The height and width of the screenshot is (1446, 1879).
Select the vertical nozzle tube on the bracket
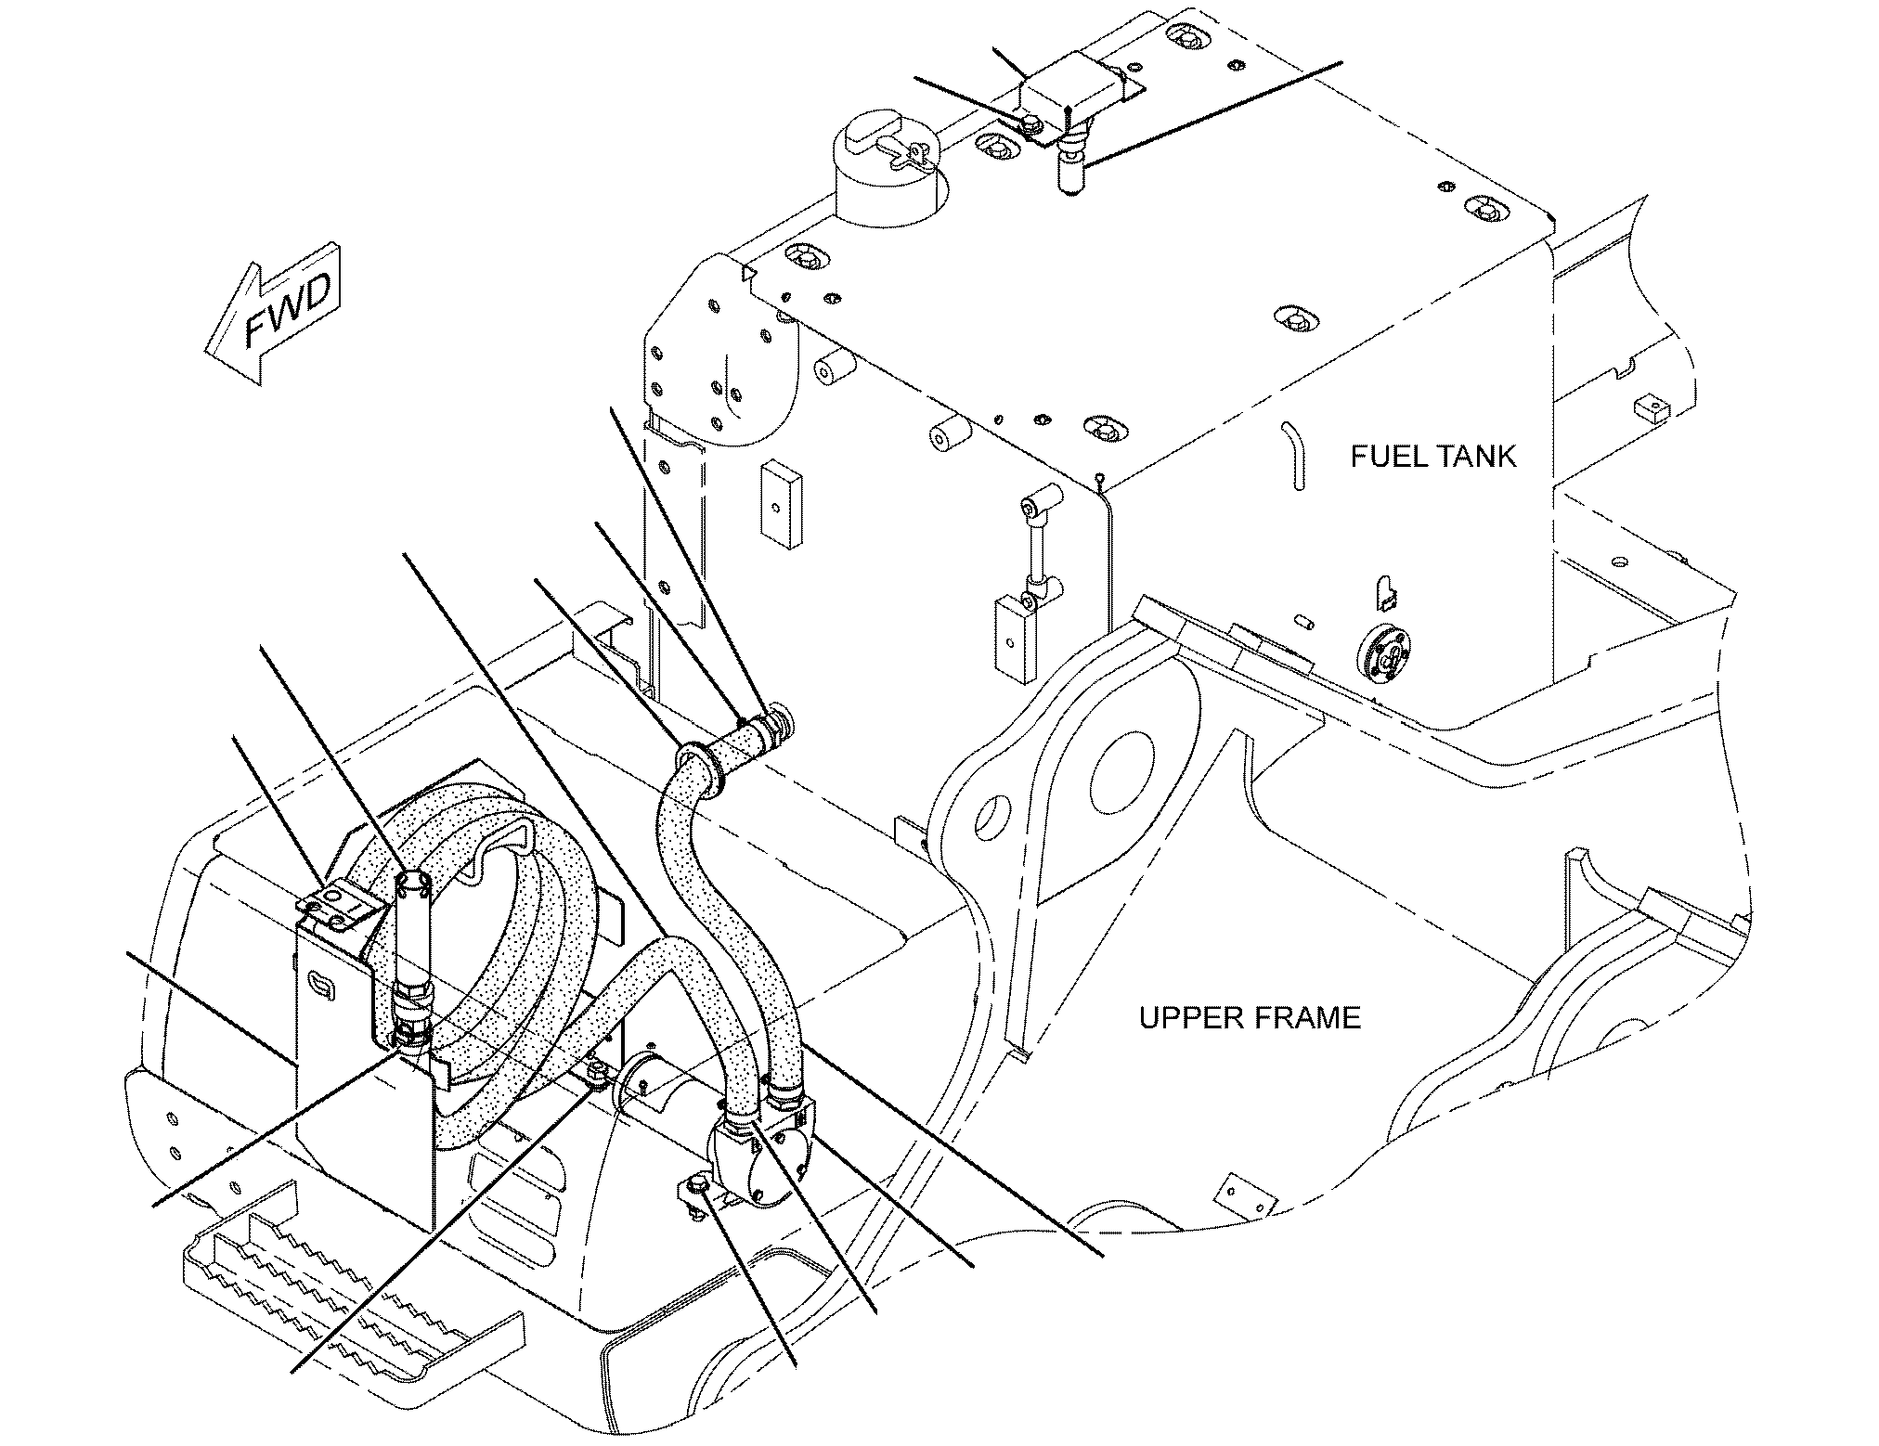pyautogui.click(x=411, y=928)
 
